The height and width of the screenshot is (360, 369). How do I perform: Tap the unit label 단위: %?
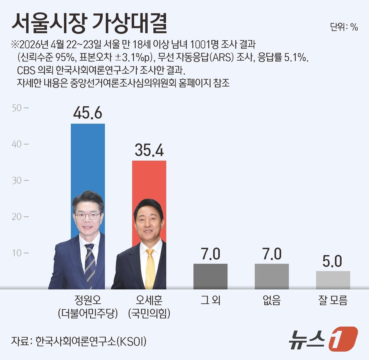344,27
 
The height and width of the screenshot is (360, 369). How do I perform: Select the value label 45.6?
88,113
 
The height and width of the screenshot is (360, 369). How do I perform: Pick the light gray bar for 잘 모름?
333,280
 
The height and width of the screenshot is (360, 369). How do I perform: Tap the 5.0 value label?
332,261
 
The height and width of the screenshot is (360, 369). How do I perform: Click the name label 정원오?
88,300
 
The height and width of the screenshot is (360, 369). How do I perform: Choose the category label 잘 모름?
333,300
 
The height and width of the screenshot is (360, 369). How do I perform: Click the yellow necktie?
150,269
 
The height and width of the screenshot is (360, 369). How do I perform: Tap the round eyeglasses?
88,216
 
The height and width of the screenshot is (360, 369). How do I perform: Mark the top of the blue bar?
88,124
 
